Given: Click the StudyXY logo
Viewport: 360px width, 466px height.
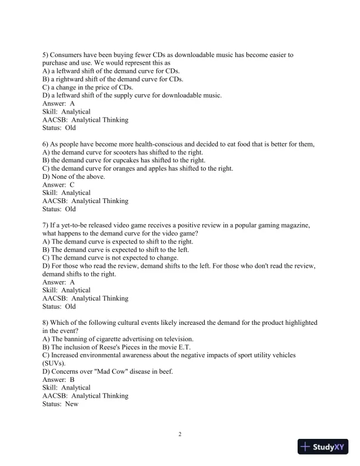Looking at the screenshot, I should (324, 447).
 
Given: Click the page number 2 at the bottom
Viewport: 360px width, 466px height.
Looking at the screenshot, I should (180, 435).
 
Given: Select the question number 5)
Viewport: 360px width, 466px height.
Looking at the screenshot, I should (46, 55).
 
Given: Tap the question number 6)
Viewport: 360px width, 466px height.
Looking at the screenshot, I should (46, 144).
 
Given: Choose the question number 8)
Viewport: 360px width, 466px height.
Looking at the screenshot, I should (46, 323).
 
